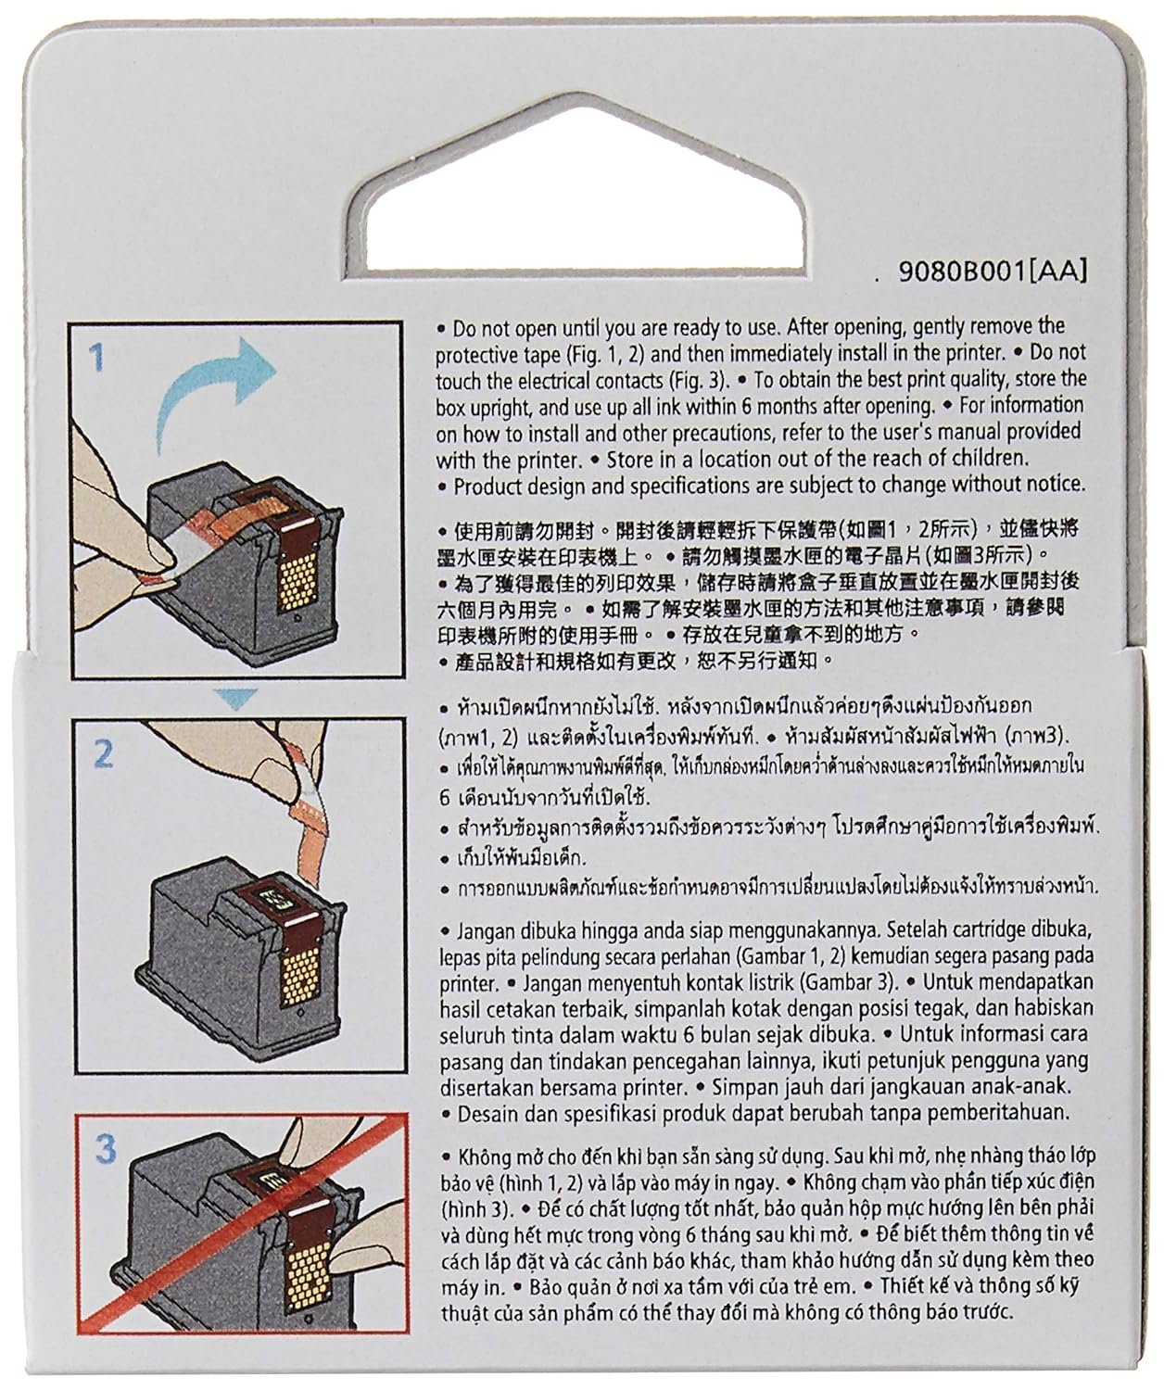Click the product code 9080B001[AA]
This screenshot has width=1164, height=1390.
tap(993, 271)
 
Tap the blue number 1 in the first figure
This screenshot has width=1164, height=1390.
tap(98, 357)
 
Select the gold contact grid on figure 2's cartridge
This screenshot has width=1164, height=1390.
tap(301, 978)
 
